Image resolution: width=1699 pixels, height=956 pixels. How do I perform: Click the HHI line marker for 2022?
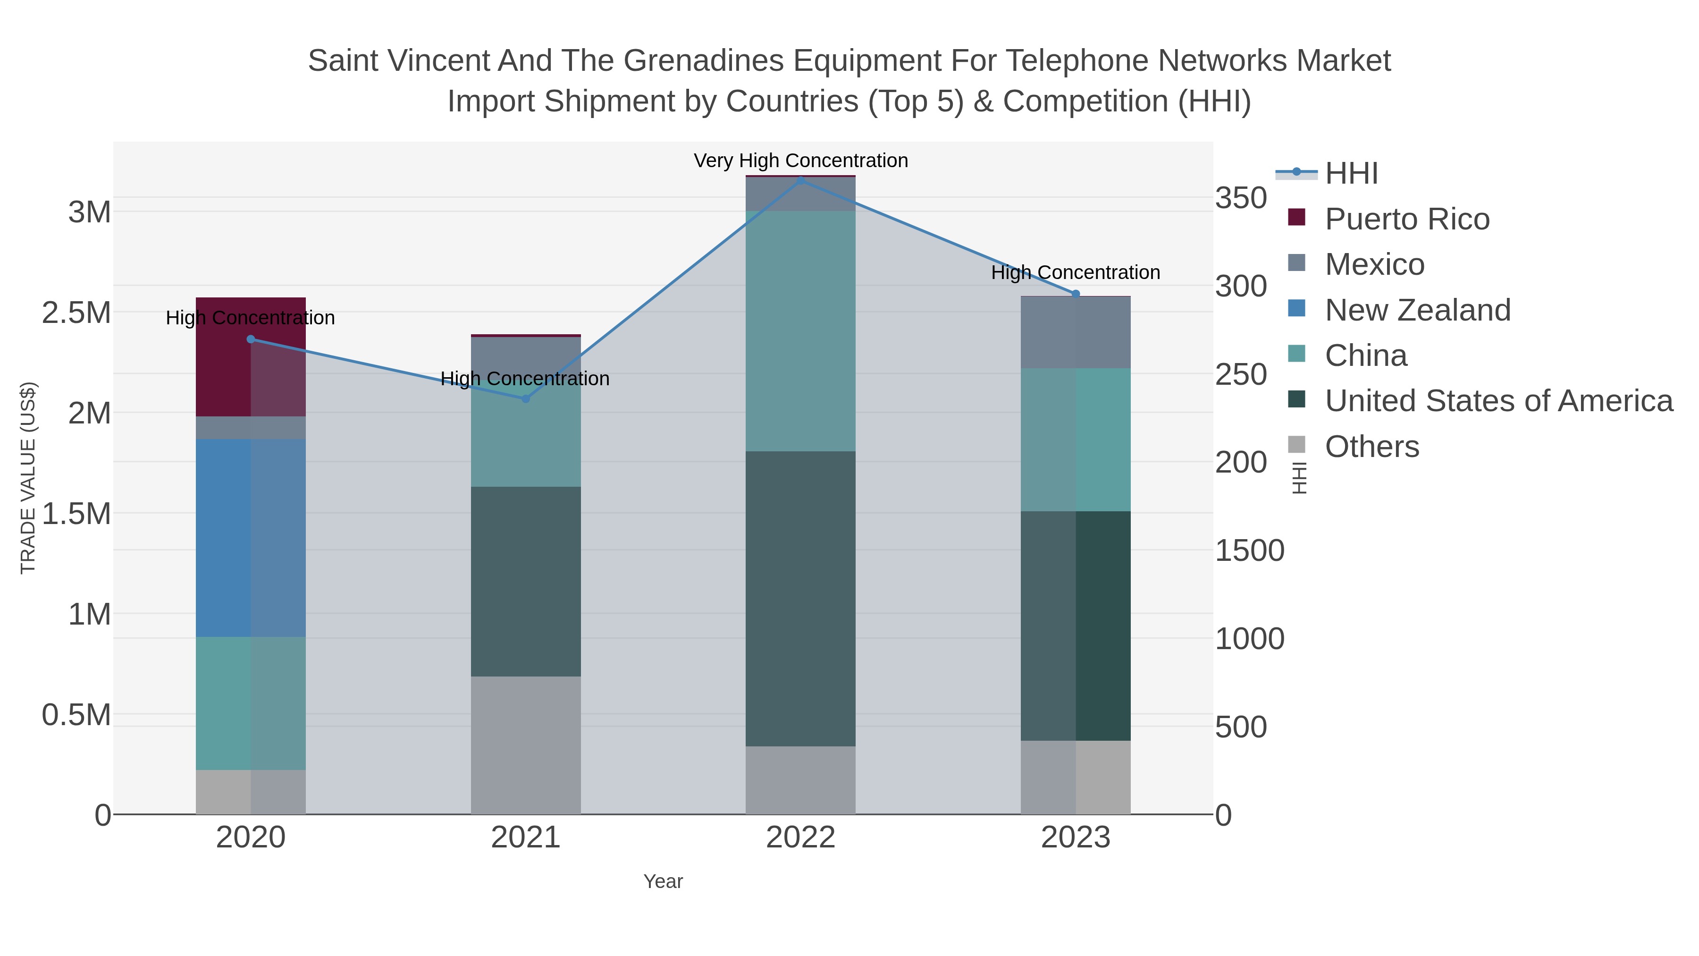click(801, 180)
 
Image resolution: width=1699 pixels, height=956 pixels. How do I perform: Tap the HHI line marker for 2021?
click(526, 398)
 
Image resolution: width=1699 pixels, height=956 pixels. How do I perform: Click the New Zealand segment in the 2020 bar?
click(251, 538)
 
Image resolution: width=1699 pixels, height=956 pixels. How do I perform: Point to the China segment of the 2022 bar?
click(801, 330)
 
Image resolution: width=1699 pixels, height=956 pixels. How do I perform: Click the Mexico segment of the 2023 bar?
click(1076, 332)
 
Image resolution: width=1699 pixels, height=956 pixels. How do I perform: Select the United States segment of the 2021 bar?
click(526, 581)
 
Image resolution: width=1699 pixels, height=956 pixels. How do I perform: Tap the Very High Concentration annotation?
click(801, 161)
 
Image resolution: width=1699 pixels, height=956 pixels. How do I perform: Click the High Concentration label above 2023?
click(1075, 272)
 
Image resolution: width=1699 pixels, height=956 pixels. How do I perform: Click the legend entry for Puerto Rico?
click(1407, 219)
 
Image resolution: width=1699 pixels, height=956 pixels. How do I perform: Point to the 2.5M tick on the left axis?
click(76, 313)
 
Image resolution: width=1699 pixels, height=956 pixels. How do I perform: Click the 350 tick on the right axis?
click(1241, 198)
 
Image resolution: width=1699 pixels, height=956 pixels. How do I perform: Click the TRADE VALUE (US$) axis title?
click(28, 478)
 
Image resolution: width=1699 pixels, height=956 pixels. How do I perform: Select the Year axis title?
click(663, 881)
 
